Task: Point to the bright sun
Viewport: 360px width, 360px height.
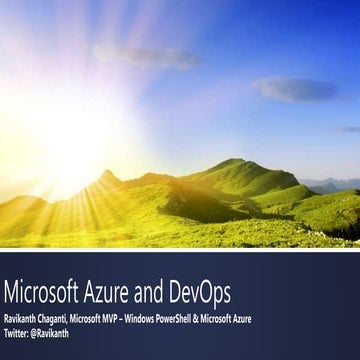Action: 70,150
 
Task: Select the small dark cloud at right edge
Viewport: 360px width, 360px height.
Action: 350,128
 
